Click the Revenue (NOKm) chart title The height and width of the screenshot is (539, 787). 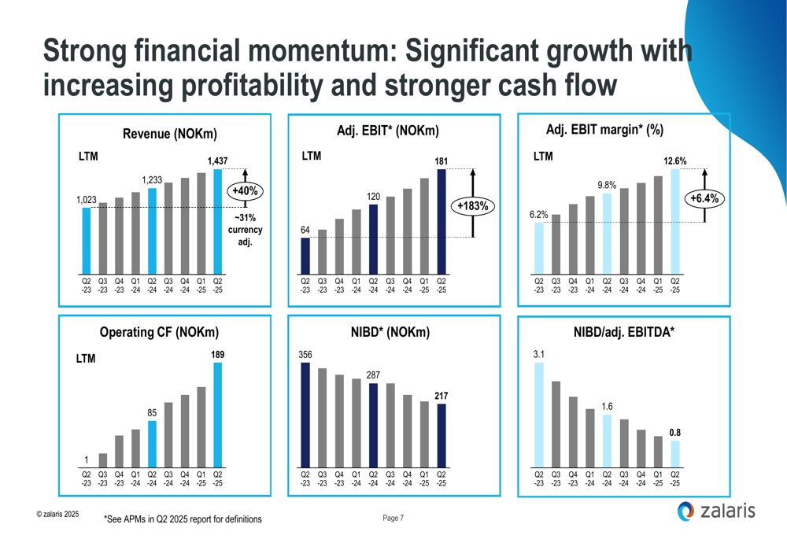point(170,135)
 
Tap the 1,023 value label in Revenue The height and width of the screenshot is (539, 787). point(86,201)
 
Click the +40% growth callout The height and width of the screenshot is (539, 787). point(246,190)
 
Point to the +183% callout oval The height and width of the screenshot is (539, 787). point(473,206)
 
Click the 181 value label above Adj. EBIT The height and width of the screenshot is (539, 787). point(441,162)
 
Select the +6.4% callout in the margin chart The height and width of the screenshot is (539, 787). point(704,198)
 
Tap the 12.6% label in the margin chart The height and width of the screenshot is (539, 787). point(675,161)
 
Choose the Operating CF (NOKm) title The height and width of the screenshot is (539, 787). point(159,332)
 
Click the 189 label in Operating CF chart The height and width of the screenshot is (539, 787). point(218,356)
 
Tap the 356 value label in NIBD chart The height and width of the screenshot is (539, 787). point(305,356)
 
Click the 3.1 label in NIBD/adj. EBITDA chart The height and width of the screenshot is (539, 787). point(539,356)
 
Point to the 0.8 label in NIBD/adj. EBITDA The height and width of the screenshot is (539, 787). point(675,433)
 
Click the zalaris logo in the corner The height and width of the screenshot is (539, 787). point(715,511)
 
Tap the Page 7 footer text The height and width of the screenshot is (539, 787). point(393,518)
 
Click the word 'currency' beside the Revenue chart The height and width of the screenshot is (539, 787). point(246,230)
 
